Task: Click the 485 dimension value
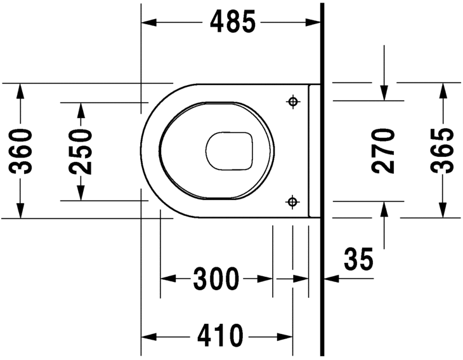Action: click(x=232, y=22)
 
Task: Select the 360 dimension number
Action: click(x=20, y=151)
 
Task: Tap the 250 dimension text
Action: click(x=81, y=151)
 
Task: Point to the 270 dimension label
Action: click(x=383, y=150)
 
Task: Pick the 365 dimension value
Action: click(x=442, y=150)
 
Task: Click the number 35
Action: click(x=358, y=260)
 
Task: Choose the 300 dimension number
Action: click(x=216, y=279)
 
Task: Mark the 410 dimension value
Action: click(x=220, y=336)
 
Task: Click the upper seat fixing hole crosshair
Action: click(x=293, y=102)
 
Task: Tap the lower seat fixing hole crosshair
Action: click(x=292, y=202)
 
